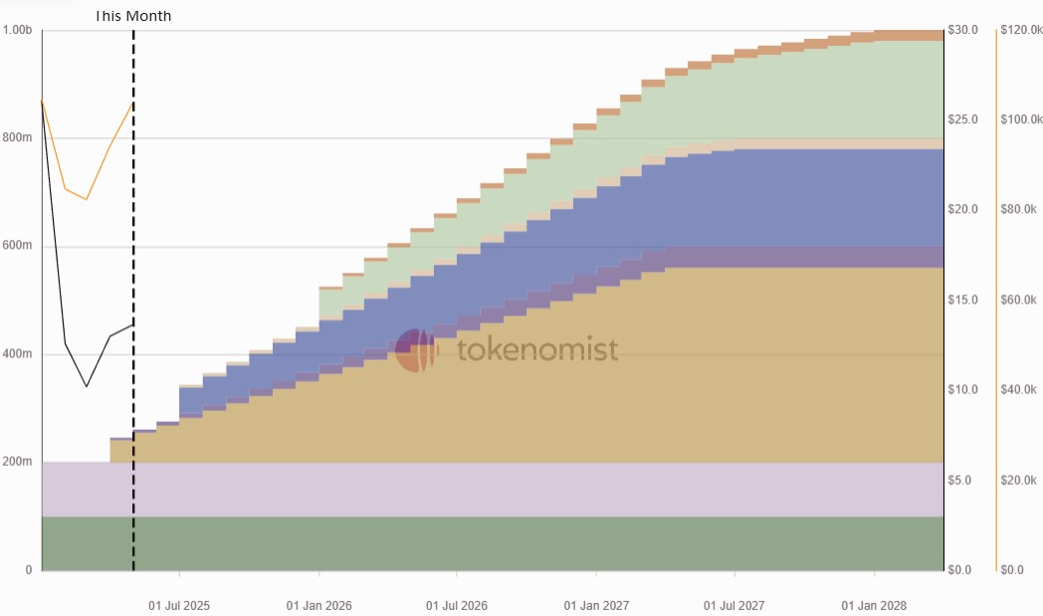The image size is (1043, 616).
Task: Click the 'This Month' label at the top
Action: (132, 16)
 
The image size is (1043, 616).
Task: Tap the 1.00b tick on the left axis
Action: (17, 30)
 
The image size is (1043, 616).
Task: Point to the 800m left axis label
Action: (17, 137)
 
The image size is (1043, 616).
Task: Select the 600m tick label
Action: (17, 246)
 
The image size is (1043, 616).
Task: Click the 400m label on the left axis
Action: (17, 354)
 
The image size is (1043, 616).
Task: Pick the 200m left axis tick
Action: (17, 462)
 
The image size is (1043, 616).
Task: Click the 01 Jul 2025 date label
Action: (179, 605)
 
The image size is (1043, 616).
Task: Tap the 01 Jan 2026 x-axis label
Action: (318, 605)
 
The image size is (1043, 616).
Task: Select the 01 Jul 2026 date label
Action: (457, 605)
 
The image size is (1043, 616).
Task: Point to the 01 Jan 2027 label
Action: (596, 605)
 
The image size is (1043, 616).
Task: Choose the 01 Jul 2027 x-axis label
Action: (734, 605)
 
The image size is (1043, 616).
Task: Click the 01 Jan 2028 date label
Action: (874, 605)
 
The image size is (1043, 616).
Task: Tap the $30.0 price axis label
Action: (964, 30)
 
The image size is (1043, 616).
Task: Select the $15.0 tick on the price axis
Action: (964, 301)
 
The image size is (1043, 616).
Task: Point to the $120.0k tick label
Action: (1020, 30)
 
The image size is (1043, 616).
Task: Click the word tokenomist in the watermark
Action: (537, 349)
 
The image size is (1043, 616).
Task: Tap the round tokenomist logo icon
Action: (416, 349)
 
